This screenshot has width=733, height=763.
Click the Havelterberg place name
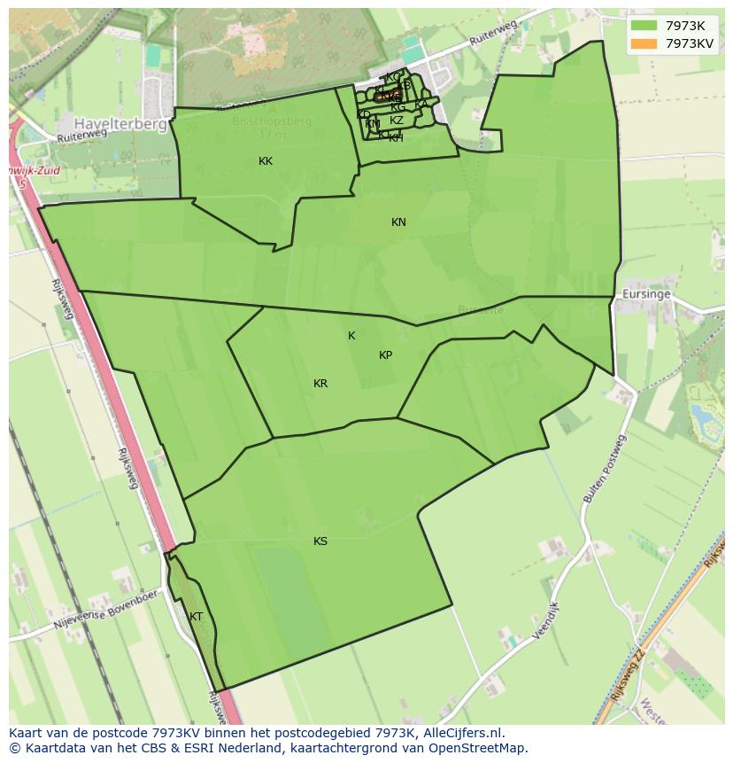click(120, 125)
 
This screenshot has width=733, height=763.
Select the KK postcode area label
click(266, 161)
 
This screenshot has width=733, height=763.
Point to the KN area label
click(398, 222)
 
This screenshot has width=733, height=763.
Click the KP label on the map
click(385, 355)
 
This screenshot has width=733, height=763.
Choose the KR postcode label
click(320, 384)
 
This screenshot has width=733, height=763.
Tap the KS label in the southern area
click(320, 541)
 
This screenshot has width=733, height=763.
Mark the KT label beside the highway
click(196, 617)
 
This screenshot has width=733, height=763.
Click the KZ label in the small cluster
click(397, 121)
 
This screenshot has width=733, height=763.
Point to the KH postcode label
click(396, 138)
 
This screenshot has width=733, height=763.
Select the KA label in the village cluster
click(421, 105)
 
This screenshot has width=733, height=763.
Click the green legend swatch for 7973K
click(644, 26)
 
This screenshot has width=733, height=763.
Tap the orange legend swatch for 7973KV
click(644, 43)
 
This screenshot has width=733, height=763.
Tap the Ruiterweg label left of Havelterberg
click(81, 136)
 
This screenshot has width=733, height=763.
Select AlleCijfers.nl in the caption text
click(461, 733)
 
